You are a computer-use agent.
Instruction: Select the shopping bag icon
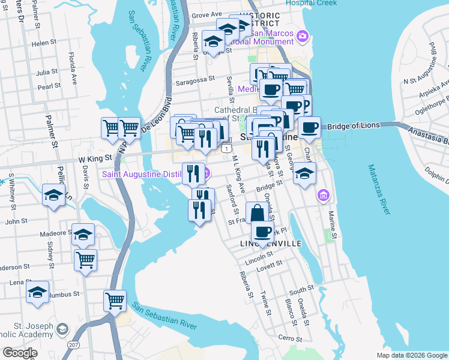[x=257, y=213]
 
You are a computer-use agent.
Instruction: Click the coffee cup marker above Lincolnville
[x=262, y=232]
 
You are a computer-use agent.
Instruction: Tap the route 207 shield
[x=73, y=344]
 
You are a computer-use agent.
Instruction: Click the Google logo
[x=20, y=353]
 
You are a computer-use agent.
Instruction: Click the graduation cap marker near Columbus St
[x=38, y=293]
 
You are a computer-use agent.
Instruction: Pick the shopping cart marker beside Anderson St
[x=86, y=260]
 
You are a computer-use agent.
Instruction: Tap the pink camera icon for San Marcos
[x=302, y=37]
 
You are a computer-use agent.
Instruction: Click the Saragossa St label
[x=194, y=79]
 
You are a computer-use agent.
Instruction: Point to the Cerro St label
[x=289, y=338]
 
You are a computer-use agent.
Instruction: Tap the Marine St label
[x=331, y=220]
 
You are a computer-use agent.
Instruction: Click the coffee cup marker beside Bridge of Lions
[x=309, y=127]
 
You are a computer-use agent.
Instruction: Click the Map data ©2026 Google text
[x=411, y=355]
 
